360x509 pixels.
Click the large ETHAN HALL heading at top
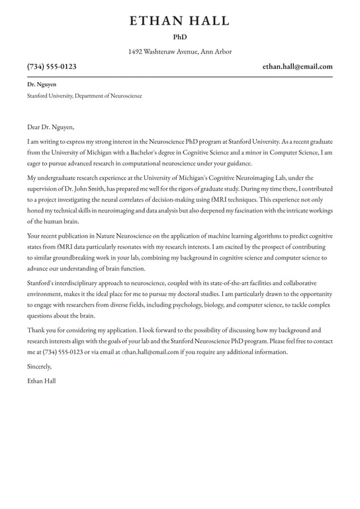click(179, 21)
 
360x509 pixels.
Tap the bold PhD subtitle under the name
click(180, 38)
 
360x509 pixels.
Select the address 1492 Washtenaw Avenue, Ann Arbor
click(180, 52)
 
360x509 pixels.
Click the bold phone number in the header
click(52, 67)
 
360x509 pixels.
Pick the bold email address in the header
click(297, 67)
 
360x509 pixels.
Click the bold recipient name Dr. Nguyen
click(42, 85)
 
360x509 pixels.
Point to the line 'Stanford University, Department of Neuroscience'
click(84, 96)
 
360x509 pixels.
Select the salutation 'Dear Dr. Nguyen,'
click(50, 127)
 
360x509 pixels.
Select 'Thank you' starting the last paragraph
click(41, 330)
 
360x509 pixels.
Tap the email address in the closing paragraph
click(150, 352)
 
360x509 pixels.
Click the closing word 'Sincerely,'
click(39, 367)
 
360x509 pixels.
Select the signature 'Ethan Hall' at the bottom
click(42, 381)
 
